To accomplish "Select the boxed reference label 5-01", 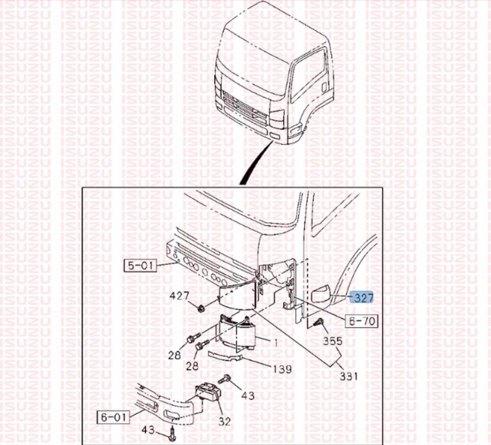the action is click(140, 265).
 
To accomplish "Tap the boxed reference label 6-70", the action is click(362, 321).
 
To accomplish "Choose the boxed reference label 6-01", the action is click(114, 417).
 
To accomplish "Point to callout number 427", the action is click(180, 295).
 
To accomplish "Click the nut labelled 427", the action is click(200, 308).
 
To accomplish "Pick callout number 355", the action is click(332, 341).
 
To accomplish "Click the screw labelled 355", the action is click(319, 322).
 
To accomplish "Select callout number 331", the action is click(349, 375).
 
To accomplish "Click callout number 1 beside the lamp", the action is click(276, 343).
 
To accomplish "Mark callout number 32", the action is click(224, 421).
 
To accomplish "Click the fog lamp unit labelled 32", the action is click(208, 393).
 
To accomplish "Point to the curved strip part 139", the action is click(226, 356).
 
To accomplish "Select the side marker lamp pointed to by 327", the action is click(320, 294).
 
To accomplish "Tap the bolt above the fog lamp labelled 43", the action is click(225, 379).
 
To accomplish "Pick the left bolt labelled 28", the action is click(193, 338).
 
